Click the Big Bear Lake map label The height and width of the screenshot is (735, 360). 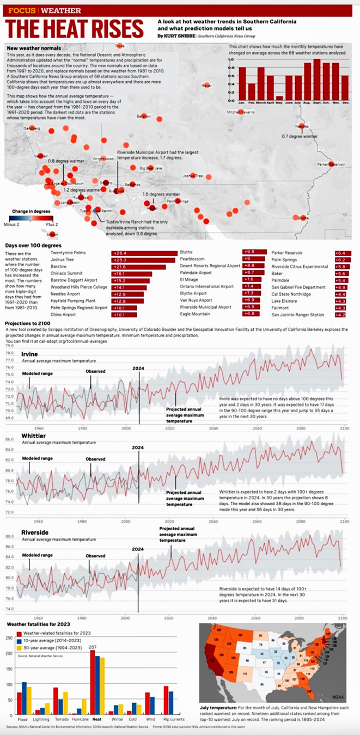tap(151, 168)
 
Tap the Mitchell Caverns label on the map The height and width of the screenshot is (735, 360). tap(241, 112)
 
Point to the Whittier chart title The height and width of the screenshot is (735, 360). tap(33, 436)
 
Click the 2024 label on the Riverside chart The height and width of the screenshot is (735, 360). tap(138, 549)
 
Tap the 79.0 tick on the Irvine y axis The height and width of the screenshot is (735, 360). tap(9, 346)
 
